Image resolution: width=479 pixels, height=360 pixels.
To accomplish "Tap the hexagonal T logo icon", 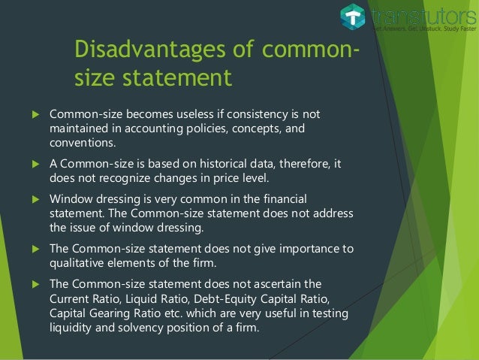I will pos(352,17).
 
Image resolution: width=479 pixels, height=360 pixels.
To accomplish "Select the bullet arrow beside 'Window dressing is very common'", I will pos(33,199).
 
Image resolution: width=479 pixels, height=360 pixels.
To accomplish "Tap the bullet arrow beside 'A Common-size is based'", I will pos(33,164).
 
